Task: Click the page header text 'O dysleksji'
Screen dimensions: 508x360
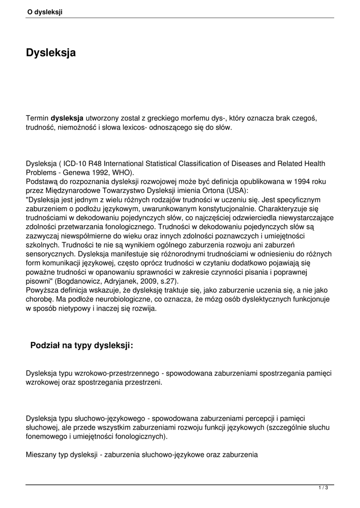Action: coord(45,12)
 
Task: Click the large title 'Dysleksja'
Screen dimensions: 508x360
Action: coord(51,52)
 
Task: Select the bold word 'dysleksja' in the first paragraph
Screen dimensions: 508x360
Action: coord(67,119)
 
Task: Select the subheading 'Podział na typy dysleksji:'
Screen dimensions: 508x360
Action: coord(82,345)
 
